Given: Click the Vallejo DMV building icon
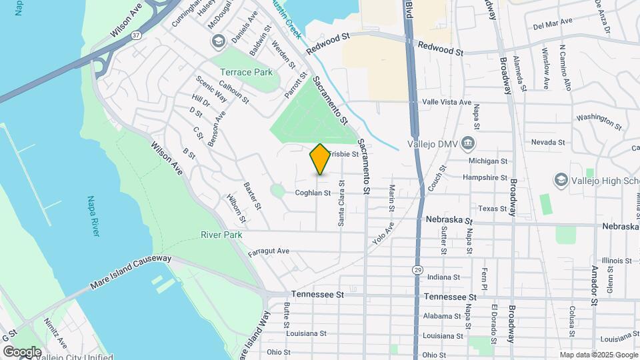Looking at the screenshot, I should tap(468, 144).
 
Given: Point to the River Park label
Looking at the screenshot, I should tap(221, 235).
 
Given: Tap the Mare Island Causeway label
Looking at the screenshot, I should tap(131, 272).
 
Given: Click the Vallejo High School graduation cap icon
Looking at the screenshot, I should tap(561, 180).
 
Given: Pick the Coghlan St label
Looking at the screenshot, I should tap(313, 193).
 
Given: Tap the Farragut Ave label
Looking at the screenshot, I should tap(269, 251).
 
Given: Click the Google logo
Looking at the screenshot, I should tap(21, 351).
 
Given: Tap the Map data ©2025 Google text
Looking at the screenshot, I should tap(598, 355).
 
